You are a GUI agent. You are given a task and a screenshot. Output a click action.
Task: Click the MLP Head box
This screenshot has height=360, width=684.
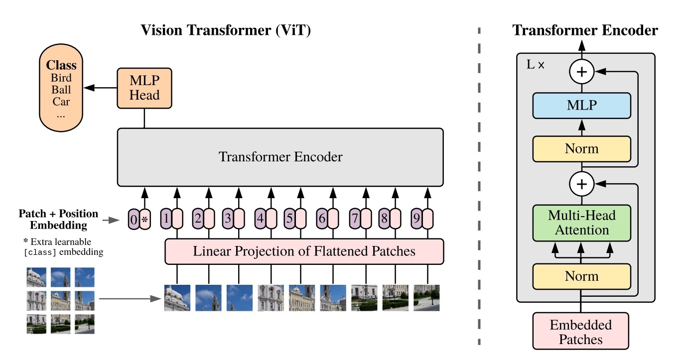tap(144, 88)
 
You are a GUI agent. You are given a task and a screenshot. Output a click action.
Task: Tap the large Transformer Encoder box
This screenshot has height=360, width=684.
tap(280, 157)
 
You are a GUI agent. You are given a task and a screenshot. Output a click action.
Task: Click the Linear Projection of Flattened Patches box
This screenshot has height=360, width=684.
tap(304, 251)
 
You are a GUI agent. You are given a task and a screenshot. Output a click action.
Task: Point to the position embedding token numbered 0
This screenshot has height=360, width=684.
tap(133, 219)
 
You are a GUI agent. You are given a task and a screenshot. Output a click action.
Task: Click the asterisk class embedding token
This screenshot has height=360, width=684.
tap(145, 219)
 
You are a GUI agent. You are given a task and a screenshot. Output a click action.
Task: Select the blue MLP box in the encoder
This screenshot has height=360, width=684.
tap(581, 105)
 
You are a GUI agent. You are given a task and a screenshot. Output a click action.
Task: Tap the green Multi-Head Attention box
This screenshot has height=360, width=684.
tap(581, 223)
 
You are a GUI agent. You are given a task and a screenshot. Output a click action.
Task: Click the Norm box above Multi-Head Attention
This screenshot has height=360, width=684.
tap(581, 148)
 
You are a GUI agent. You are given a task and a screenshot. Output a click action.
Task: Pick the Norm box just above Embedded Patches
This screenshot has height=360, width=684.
tap(581, 276)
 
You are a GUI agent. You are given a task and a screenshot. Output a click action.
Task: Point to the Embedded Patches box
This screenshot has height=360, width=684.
tap(581, 333)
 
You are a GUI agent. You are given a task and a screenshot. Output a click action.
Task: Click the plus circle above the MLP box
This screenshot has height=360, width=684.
tap(581, 73)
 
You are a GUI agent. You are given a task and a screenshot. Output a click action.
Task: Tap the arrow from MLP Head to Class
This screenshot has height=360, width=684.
tap(100, 88)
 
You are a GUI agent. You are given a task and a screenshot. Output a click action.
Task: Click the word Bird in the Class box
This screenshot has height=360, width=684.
tap(61, 78)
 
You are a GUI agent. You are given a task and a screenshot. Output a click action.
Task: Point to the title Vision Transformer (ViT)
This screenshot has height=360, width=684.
tap(226, 30)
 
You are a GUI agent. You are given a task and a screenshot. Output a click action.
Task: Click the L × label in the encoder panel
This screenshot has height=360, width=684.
tap(536, 65)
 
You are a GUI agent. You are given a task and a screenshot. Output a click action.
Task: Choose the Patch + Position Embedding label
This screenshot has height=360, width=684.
tap(58, 219)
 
